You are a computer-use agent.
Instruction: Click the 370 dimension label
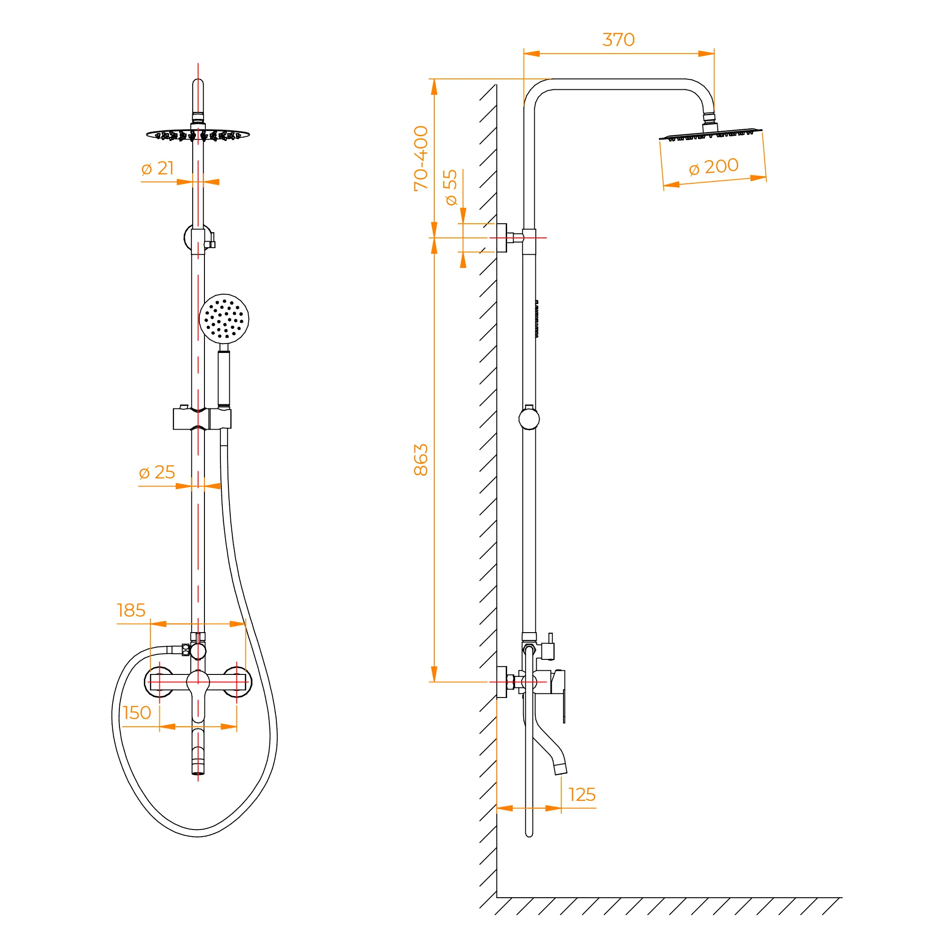click(619, 40)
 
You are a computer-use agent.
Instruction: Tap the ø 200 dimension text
click(714, 167)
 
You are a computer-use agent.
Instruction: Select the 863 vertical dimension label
click(421, 460)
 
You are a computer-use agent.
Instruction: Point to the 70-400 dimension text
click(421, 158)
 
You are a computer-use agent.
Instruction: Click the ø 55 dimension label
click(451, 188)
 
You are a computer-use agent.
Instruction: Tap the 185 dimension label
click(131, 610)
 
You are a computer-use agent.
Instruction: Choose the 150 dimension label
click(137, 713)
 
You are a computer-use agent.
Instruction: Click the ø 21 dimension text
click(157, 168)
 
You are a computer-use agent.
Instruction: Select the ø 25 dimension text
click(157, 472)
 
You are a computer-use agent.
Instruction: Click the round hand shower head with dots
click(224, 319)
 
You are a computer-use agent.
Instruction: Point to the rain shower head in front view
click(198, 134)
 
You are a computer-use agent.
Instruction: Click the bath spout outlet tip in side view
click(561, 769)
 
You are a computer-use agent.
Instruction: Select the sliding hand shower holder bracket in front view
click(203, 419)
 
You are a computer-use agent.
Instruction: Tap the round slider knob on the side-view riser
click(529, 419)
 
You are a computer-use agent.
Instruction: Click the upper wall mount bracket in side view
click(510, 238)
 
